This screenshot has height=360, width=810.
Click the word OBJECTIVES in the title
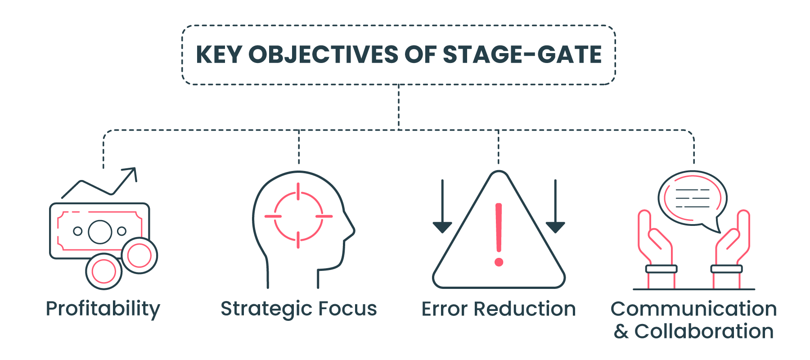click(x=324, y=54)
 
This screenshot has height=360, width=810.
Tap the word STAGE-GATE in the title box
click(x=522, y=54)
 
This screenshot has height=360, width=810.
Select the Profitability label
click(x=103, y=310)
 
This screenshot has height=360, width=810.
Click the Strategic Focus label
click(x=299, y=309)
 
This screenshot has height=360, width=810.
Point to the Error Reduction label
click(x=499, y=309)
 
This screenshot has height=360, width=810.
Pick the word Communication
click(x=694, y=309)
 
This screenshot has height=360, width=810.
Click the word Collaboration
click(x=704, y=332)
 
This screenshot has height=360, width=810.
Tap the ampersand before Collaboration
click(x=621, y=332)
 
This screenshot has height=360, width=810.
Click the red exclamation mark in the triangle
click(x=499, y=234)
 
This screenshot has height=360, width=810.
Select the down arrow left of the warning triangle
click(x=442, y=206)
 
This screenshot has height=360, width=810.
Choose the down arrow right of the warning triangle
click(x=555, y=206)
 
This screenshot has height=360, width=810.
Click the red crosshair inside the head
click(x=298, y=216)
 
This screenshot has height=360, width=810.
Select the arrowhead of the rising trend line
click(x=131, y=173)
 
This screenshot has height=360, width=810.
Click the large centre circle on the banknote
click(x=100, y=232)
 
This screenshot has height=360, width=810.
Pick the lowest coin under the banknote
click(x=104, y=271)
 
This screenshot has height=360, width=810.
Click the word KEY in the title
click(x=219, y=54)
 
